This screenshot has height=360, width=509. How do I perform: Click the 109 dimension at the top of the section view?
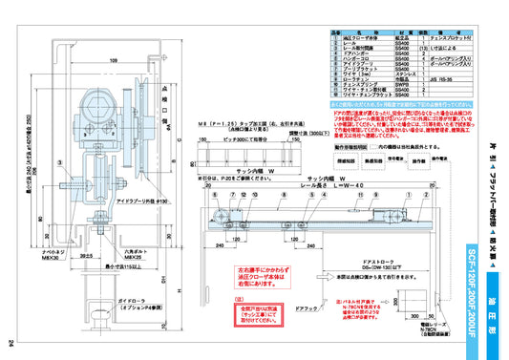[x=113, y=59]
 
